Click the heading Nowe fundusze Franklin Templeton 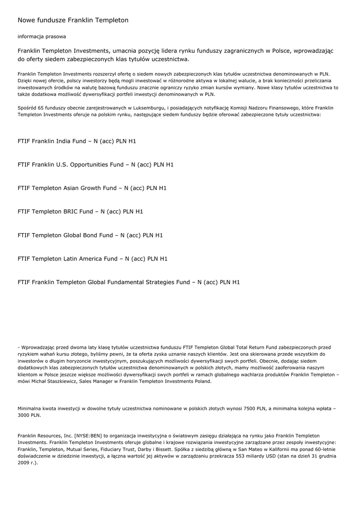point(73,20)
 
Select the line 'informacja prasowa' point(42,37)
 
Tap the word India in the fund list point(63,141)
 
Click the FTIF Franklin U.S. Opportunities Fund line point(95,164)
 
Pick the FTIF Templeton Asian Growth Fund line point(92,188)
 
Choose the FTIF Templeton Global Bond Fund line point(90,235)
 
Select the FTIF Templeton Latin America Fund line point(92,258)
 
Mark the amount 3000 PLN point(29,415)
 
